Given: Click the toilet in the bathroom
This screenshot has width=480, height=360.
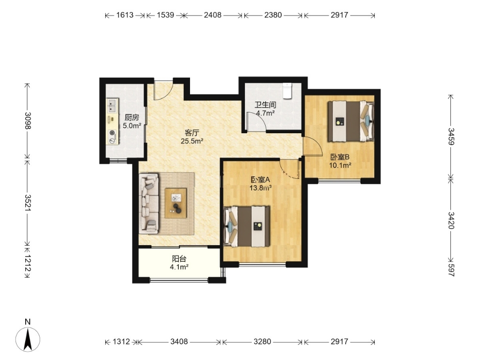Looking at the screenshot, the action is coord(288,91).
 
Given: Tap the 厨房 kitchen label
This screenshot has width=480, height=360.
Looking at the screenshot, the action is coord(131,117).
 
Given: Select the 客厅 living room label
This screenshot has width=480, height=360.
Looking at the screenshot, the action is coord(192,133).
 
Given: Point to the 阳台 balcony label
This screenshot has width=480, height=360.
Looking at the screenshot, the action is coord(179,259).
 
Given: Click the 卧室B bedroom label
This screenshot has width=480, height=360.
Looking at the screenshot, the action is coord(340,157).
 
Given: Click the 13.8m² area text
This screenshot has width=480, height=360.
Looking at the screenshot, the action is coord(261,188).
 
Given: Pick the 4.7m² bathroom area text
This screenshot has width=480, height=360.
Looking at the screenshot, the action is coord(265,113).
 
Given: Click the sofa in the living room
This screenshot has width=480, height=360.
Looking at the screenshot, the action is coord(149,203).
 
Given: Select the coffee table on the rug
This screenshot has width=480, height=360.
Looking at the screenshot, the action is coord(176,203).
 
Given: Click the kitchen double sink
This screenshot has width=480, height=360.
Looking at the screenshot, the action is coord(112,106).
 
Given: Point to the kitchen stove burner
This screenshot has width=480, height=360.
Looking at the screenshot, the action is coord(112,133).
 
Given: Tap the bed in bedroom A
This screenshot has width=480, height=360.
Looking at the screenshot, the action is coord(247,226).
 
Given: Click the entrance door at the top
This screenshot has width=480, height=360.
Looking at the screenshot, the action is coord(164,90).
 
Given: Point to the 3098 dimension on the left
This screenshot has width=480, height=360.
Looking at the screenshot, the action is coord(28,121).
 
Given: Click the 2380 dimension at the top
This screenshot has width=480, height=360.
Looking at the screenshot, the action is coord(273,15).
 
